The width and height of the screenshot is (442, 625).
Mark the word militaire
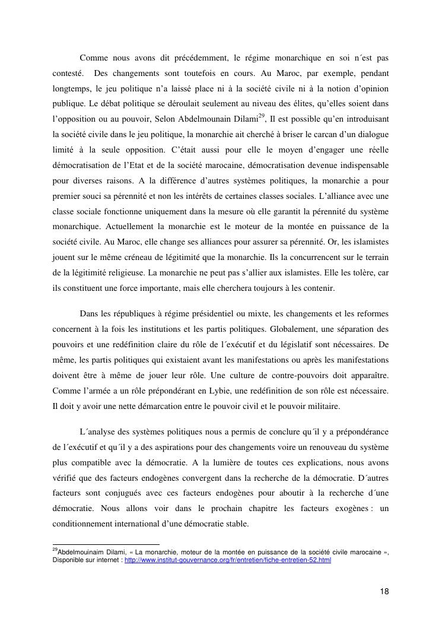coord(322,406)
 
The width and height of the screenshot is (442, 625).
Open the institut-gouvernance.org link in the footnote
coord(228,560)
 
